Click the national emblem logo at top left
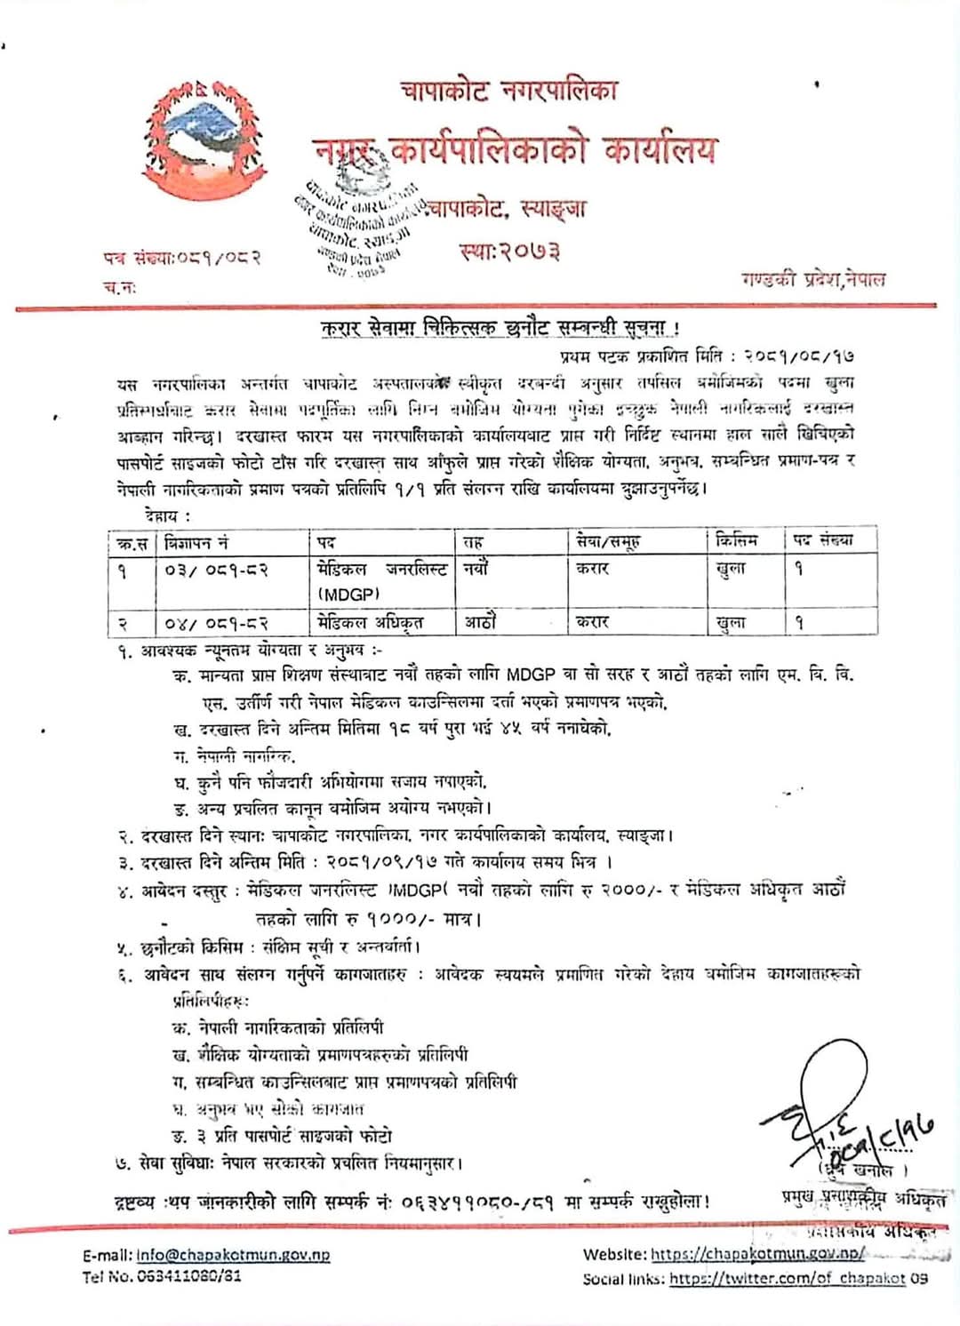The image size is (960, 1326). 195,140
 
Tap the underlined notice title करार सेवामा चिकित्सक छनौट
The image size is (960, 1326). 500,328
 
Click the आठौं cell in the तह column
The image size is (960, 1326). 480,622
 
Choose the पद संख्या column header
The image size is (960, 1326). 823,540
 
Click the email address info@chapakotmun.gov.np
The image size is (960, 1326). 233,1255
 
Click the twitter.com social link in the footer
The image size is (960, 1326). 787,1279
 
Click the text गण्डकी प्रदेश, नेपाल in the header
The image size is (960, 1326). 813,279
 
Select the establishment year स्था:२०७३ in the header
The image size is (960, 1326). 510,252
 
